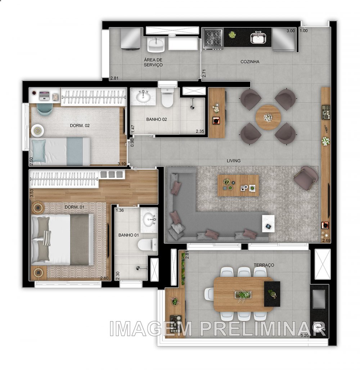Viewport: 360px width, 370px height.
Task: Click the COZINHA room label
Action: pyautogui.click(x=250, y=62)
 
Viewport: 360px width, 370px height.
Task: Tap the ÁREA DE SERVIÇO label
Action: pyautogui.click(x=153, y=62)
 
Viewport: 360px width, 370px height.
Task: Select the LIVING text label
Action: pyautogui.click(x=234, y=161)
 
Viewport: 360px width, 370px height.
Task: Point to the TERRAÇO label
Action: pyautogui.click(x=264, y=265)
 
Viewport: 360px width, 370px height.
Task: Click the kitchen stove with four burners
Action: pyautogui.click(x=212, y=38)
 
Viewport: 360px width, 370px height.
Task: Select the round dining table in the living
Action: pyautogui.click(x=268, y=118)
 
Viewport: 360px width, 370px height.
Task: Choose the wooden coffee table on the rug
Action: pyautogui.click(x=238, y=185)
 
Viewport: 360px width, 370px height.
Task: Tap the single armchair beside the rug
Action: pyautogui.click(x=306, y=178)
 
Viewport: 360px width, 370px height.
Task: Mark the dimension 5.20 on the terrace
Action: pyautogui.click(x=305, y=335)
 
